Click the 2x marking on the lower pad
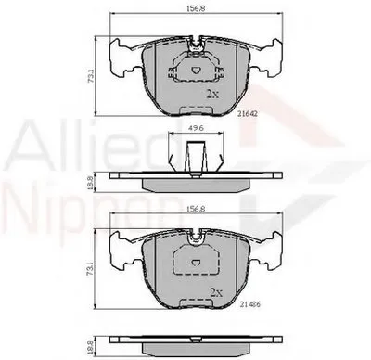coord(217,291)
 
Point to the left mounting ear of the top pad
coord(122,59)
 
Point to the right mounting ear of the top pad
coord(268,59)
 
